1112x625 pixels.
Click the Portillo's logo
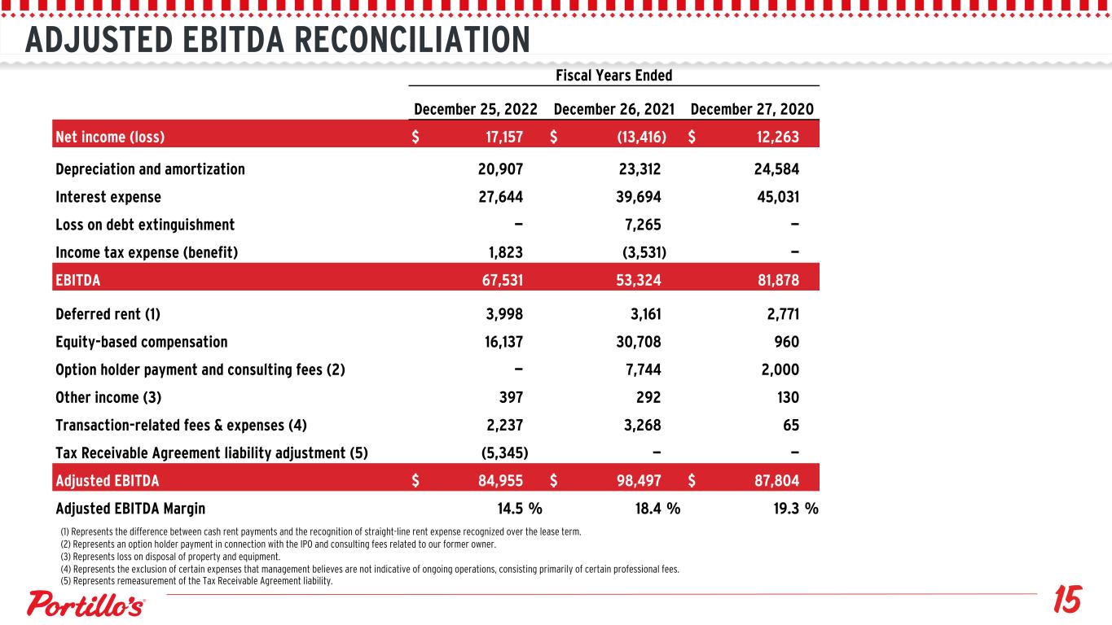[87, 605]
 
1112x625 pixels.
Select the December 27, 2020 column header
[751, 109]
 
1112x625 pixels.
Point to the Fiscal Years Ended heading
[613, 75]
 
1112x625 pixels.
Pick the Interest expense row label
[108, 197]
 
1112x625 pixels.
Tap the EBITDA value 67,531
[499, 280]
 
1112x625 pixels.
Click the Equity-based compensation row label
[142, 342]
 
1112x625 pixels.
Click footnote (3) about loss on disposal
[169, 557]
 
